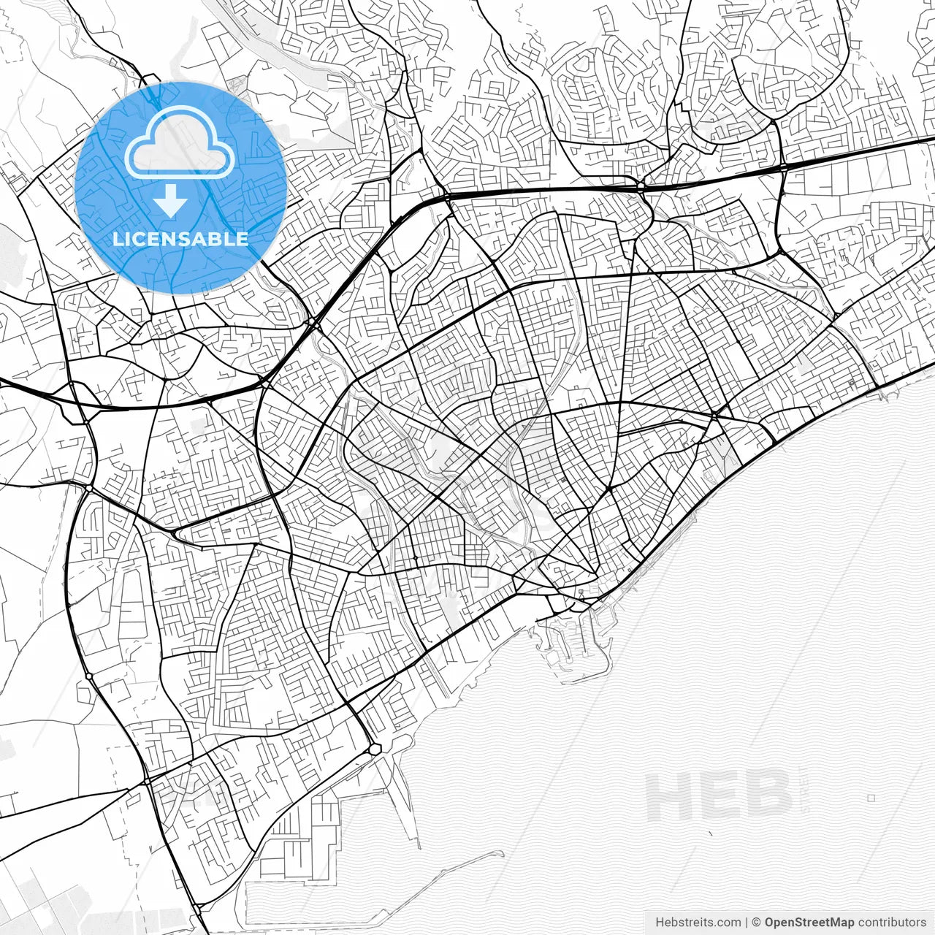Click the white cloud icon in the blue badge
[180, 143]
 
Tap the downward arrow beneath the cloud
[171, 200]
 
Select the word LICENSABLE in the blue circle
[180, 239]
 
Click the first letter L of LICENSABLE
[117, 239]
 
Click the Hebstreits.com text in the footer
[697, 923]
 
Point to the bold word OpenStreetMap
[809, 923]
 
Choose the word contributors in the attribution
[891, 923]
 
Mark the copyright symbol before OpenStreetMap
[757, 923]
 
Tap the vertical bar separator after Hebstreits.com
[745, 923]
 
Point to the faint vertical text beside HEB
[804, 796]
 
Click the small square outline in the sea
[871, 798]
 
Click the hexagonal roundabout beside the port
[375, 749]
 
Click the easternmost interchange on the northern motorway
[782, 167]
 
